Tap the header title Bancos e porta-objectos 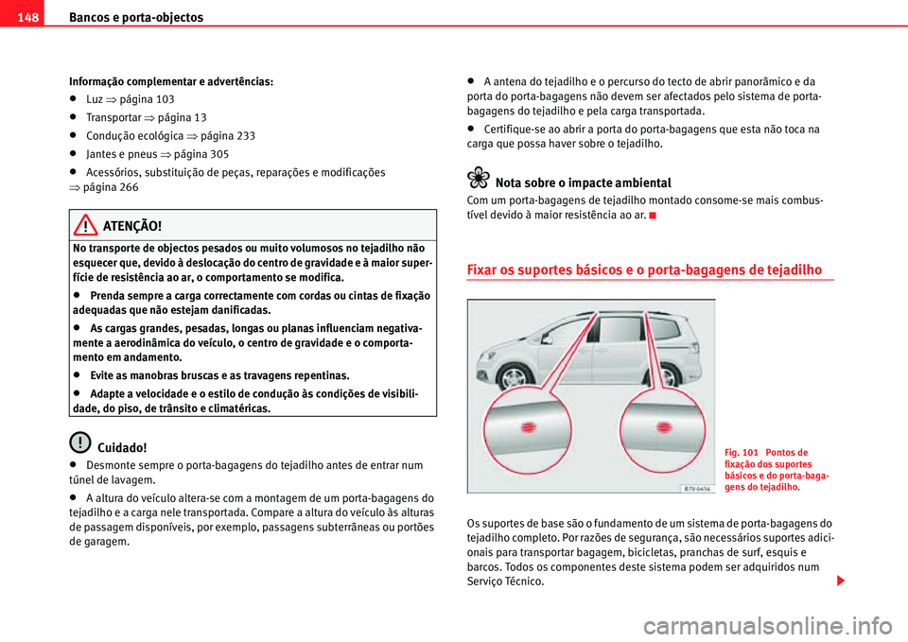[x=129, y=17]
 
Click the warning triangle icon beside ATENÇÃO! [x=88, y=226]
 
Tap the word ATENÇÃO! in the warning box [x=132, y=226]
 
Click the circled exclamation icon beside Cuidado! [x=79, y=442]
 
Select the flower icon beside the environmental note [x=479, y=180]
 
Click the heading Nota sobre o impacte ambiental [x=583, y=182]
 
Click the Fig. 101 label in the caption [x=742, y=452]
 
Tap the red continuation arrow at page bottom [x=840, y=579]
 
